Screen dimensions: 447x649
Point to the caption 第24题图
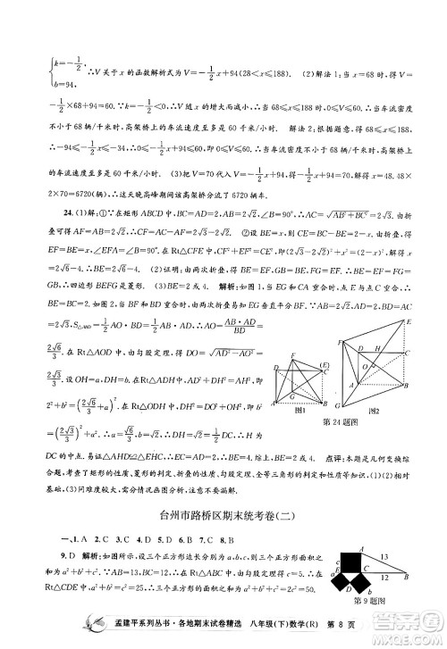coord(339,421)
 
